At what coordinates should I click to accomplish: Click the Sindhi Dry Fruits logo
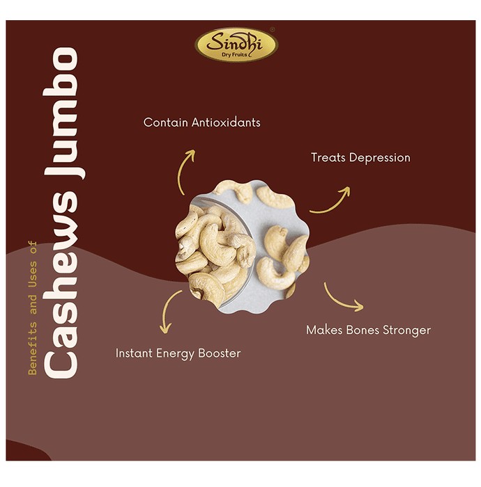(236, 45)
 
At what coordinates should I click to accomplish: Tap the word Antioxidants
(226, 122)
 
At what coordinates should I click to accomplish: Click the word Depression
(380, 158)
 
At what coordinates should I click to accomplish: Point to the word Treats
(328, 157)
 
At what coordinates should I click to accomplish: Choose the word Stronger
(407, 330)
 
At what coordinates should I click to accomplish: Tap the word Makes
(324, 330)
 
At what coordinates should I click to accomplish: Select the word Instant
(134, 353)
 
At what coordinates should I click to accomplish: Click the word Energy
(176, 353)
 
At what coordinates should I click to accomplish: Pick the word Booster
(220, 353)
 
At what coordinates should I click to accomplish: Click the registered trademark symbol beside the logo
(273, 30)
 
